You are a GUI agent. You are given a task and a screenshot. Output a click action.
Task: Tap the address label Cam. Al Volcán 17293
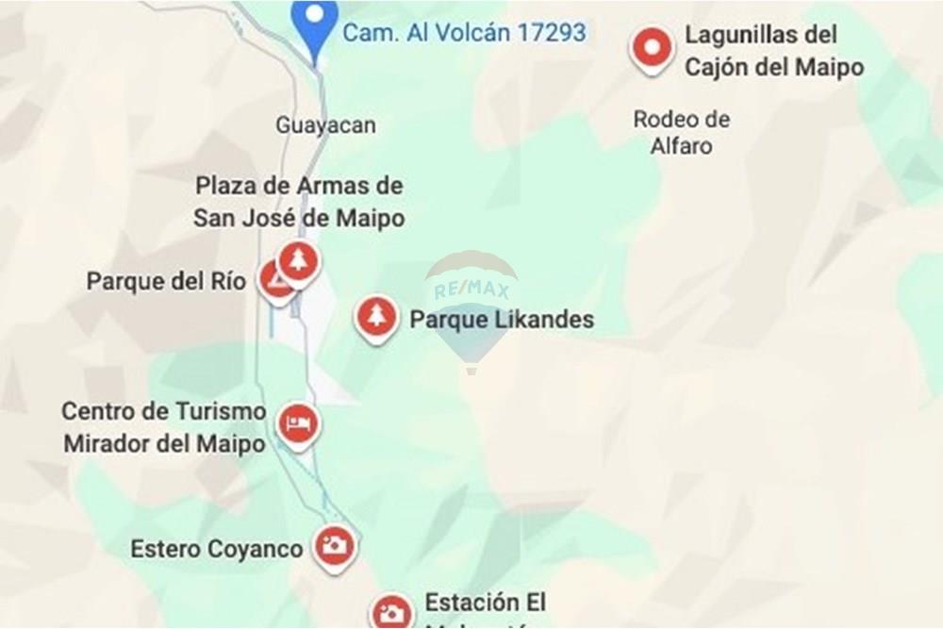pyautogui.click(x=463, y=33)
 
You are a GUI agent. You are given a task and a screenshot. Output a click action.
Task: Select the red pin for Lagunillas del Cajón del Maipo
pyautogui.click(x=652, y=46)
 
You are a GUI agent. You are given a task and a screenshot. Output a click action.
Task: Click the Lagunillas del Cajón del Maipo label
pyautogui.click(x=773, y=51)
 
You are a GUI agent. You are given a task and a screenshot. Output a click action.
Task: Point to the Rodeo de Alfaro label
pyautogui.click(x=681, y=132)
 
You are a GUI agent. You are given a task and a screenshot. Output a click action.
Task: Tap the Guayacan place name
pyautogui.click(x=325, y=124)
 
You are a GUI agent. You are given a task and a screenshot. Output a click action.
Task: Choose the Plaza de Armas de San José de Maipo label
pyautogui.click(x=299, y=202)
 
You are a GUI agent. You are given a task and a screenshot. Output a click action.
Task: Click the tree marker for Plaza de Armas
pyautogui.click(x=299, y=260)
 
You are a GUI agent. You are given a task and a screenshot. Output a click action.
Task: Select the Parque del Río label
pyautogui.click(x=166, y=281)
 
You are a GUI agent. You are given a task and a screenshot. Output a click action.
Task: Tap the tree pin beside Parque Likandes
pyautogui.click(x=376, y=316)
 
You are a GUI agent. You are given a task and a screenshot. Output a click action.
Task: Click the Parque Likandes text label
pyautogui.click(x=502, y=320)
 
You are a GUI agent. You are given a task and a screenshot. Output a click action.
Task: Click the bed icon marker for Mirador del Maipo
pyautogui.click(x=299, y=423)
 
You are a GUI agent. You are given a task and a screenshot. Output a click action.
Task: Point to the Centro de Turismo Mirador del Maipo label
pyautogui.click(x=164, y=427)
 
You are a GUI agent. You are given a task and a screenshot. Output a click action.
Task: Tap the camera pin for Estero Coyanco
pyautogui.click(x=333, y=544)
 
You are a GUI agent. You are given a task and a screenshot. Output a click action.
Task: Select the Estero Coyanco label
pyautogui.click(x=216, y=549)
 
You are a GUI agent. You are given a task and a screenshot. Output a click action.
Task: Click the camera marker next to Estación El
pyautogui.click(x=391, y=612)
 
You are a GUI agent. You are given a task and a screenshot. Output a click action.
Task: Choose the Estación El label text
pyautogui.click(x=485, y=603)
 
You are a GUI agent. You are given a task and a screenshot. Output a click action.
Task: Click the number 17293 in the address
pyautogui.click(x=550, y=33)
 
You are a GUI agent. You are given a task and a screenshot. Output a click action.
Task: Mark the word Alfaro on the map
pyautogui.click(x=681, y=146)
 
